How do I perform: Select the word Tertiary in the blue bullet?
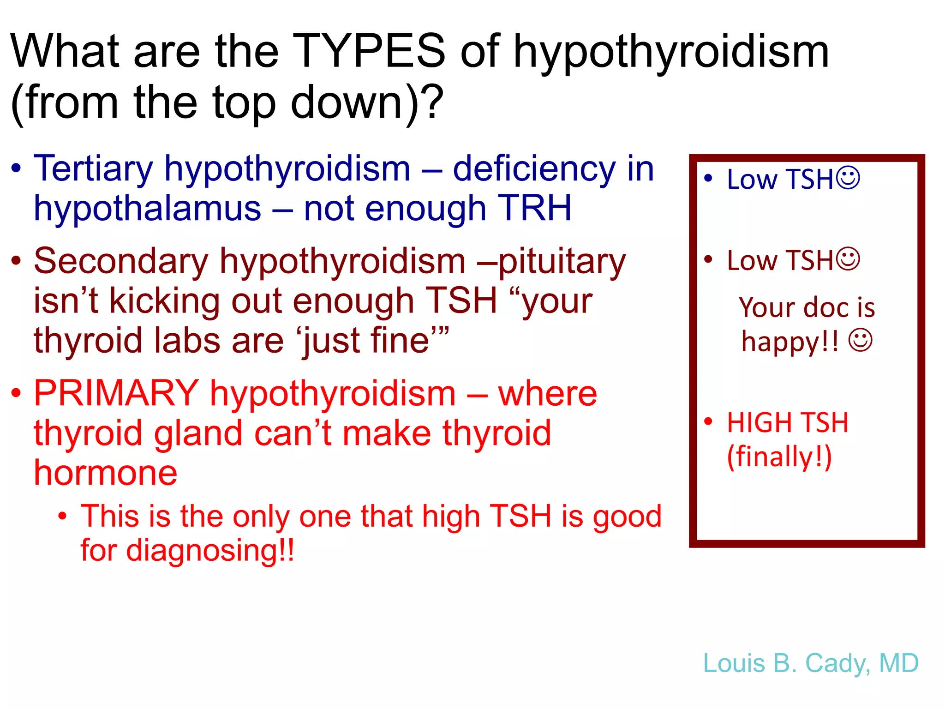[93, 169]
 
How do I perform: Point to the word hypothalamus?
[147, 209]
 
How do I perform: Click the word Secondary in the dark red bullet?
[121, 261]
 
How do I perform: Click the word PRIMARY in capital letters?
[116, 393]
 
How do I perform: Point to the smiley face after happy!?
[861, 341]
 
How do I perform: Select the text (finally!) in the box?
[779, 457]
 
